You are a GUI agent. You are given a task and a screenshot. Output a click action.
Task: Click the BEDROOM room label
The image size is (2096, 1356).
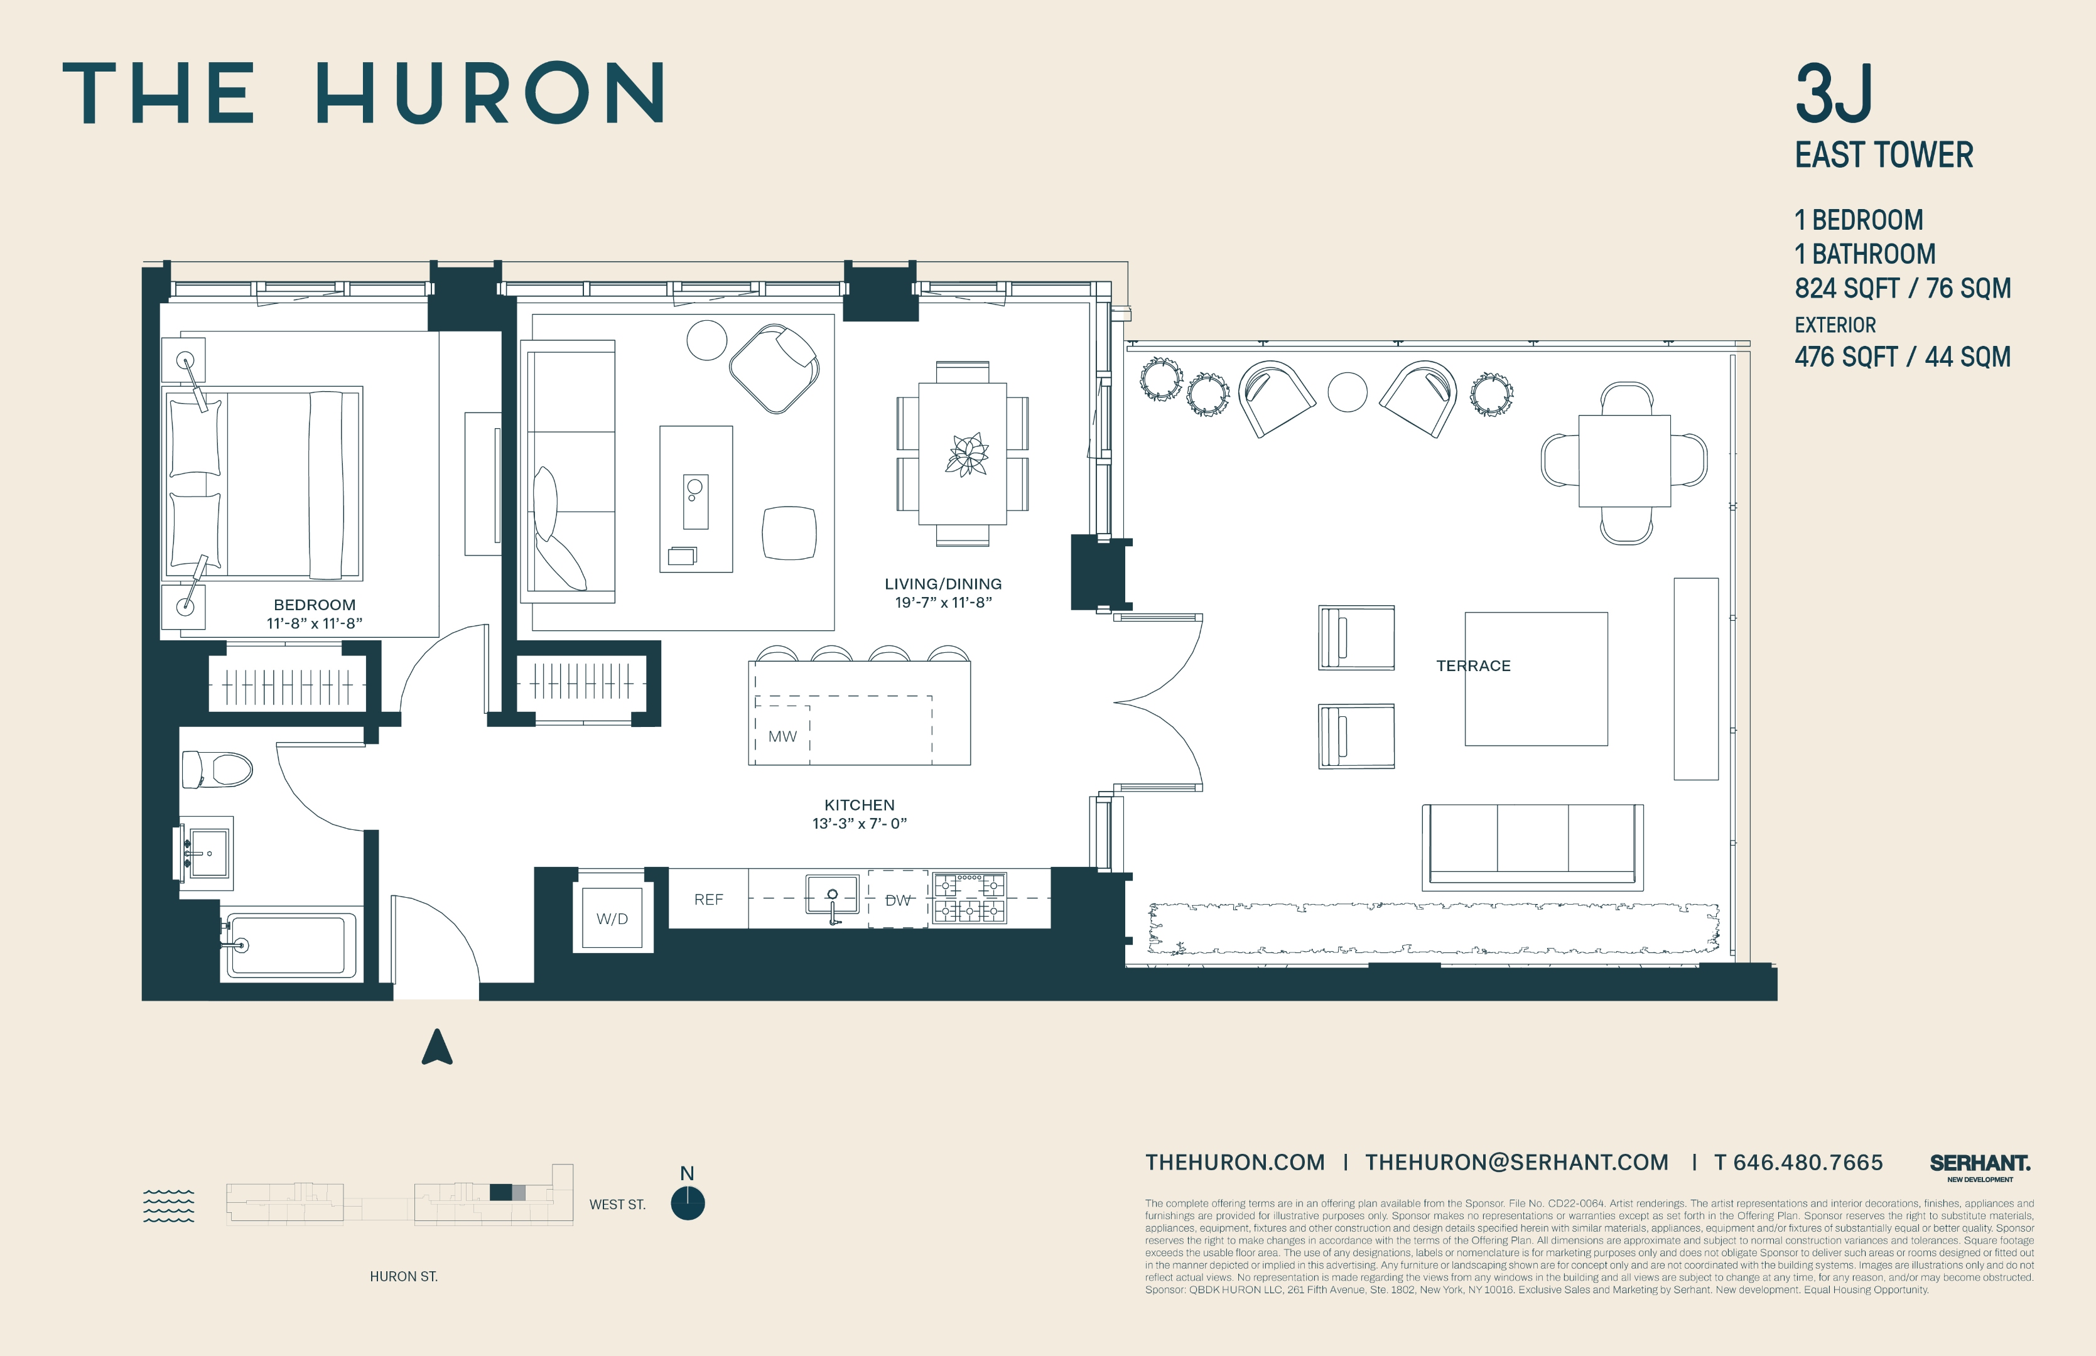(x=315, y=605)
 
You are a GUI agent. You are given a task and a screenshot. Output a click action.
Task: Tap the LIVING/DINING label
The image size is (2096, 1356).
(x=943, y=584)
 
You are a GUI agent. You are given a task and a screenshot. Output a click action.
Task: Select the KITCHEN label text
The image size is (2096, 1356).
(x=858, y=805)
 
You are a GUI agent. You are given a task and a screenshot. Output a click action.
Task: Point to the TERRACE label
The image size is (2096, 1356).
(x=1473, y=665)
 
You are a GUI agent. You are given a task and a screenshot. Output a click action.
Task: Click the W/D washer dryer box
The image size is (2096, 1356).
(x=612, y=918)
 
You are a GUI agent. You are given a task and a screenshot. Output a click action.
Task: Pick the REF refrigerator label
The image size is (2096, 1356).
(x=708, y=899)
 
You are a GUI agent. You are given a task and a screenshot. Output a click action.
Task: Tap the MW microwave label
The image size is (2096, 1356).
(x=782, y=736)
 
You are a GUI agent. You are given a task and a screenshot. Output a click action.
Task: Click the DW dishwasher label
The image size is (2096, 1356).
(x=897, y=900)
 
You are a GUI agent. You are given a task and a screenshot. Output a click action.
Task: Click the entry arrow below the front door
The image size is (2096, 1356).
(x=437, y=1047)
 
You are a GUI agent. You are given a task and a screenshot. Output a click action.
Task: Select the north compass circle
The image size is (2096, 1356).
(x=687, y=1203)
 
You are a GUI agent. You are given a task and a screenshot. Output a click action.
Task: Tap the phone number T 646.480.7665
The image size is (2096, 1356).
(x=1798, y=1162)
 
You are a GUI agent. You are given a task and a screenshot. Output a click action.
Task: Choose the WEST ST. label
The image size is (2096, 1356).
(x=617, y=1205)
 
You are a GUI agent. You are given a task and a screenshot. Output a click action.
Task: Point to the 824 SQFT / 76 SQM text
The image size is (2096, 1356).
(x=1902, y=288)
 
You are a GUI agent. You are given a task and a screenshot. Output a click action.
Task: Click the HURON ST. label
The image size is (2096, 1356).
(x=403, y=1276)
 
